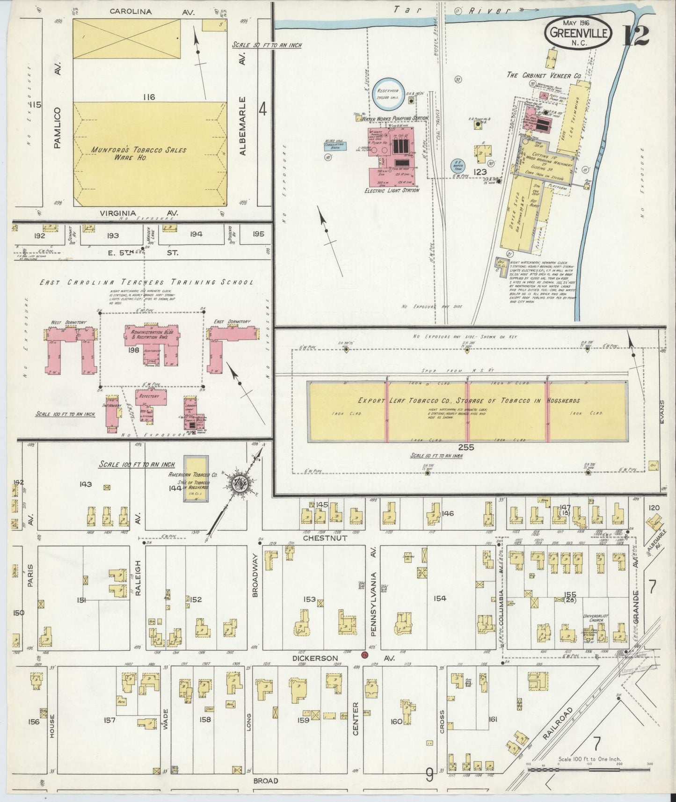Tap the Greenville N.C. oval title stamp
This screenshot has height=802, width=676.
(579, 34)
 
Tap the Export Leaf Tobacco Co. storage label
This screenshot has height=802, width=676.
(468, 401)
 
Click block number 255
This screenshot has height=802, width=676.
(466, 447)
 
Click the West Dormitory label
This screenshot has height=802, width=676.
(70, 322)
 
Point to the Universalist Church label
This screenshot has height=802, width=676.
(596, 619)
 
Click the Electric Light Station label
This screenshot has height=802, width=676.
(392, 190)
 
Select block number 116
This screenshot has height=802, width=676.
(150, 97)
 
